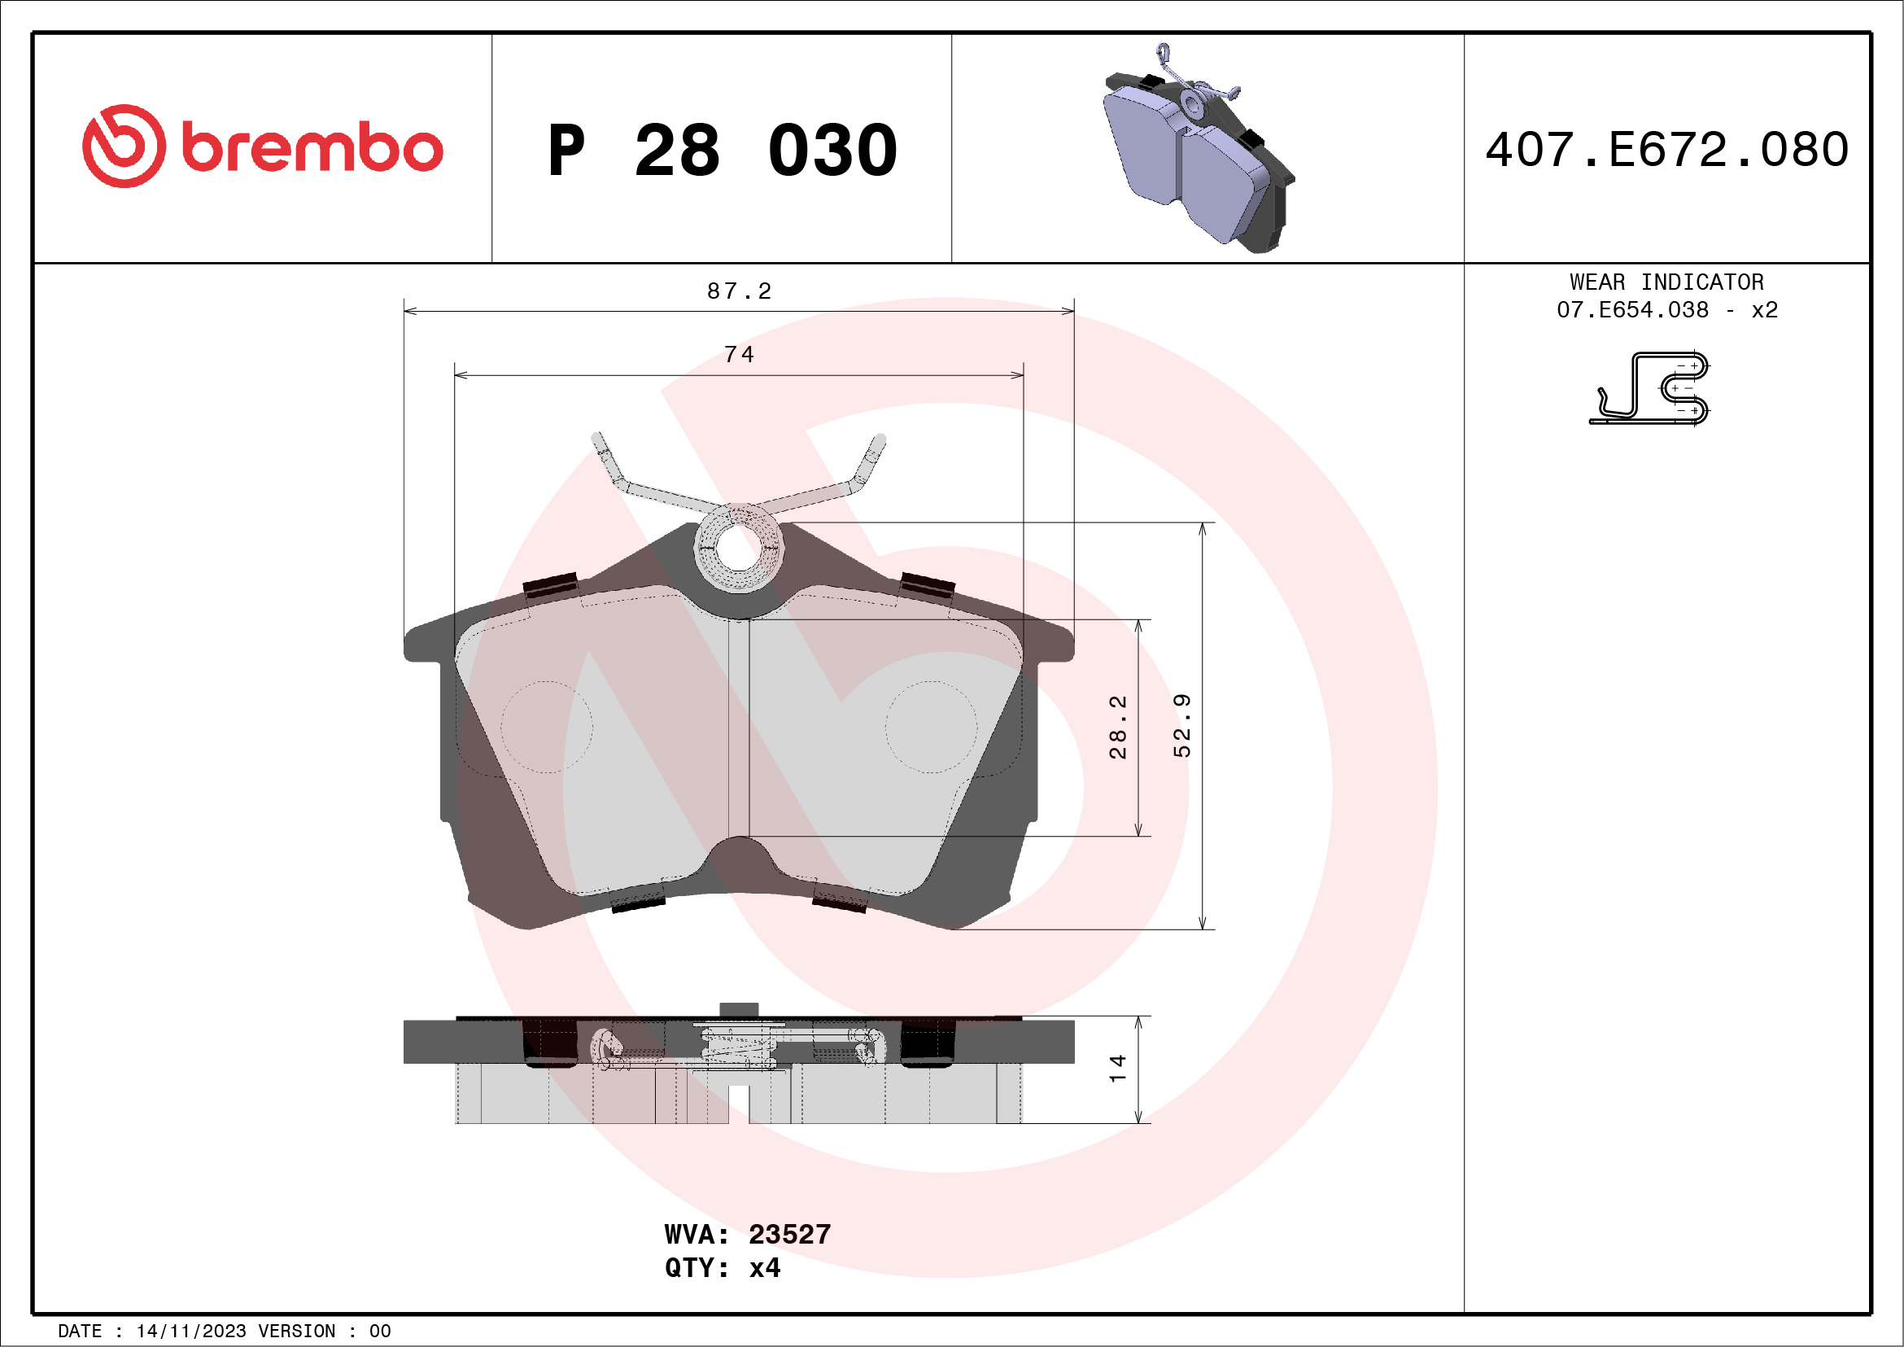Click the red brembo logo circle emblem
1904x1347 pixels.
(124, 146)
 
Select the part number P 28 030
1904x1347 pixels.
(722, 150)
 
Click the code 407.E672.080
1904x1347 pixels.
(1667, 150)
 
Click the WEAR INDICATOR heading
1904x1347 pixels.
(1666, 282)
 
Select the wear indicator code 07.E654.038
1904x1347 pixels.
(1632, 310)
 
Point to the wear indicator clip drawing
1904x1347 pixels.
(1650, 388)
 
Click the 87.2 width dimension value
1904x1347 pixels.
(739, 291)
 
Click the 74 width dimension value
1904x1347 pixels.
(739, 355)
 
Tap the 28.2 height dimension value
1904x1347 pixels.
(1118, 727)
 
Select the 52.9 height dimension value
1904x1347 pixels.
(1181, 726)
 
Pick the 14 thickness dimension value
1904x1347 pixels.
(1117, 1069)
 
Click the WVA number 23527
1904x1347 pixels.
(788, 1234)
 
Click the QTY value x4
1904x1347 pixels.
(764, 1268)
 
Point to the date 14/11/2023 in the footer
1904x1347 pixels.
(190, 1332)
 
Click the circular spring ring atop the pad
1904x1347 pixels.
(738, 548)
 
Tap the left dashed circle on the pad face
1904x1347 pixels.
(547, 728)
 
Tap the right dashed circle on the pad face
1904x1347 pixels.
(931, 728)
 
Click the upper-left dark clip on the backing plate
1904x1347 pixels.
(551, 584)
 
